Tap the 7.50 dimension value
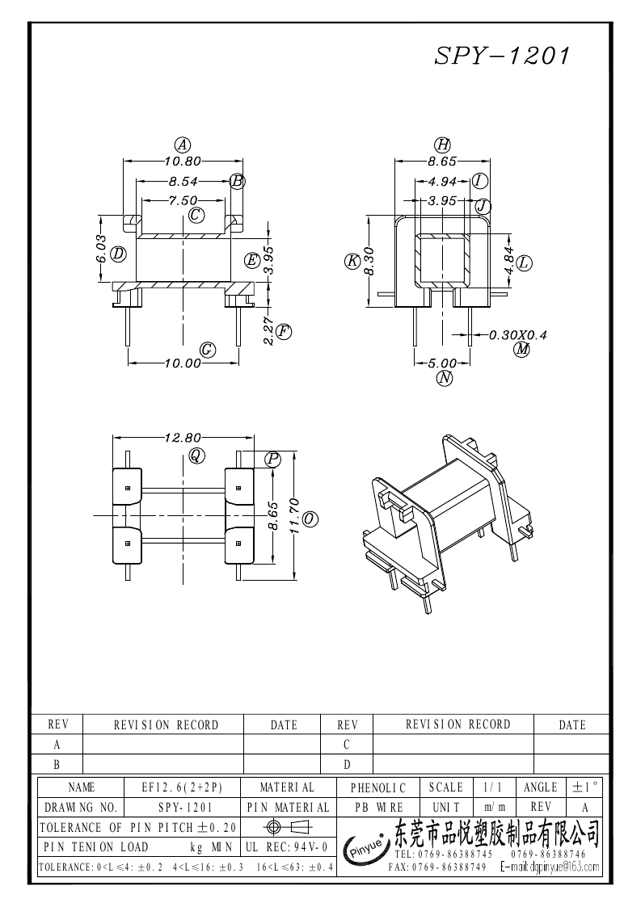pos(183,200)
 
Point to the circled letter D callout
pos(119,254)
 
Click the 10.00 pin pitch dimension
pos(182,363)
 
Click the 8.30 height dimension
pos(369,261)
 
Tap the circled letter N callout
pos(443,378)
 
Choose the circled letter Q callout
pos(196,455)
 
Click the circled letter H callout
pos(442,145)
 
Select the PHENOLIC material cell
pos(377,787)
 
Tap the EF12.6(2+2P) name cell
pos(181,787)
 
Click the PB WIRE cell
pos(377,807)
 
